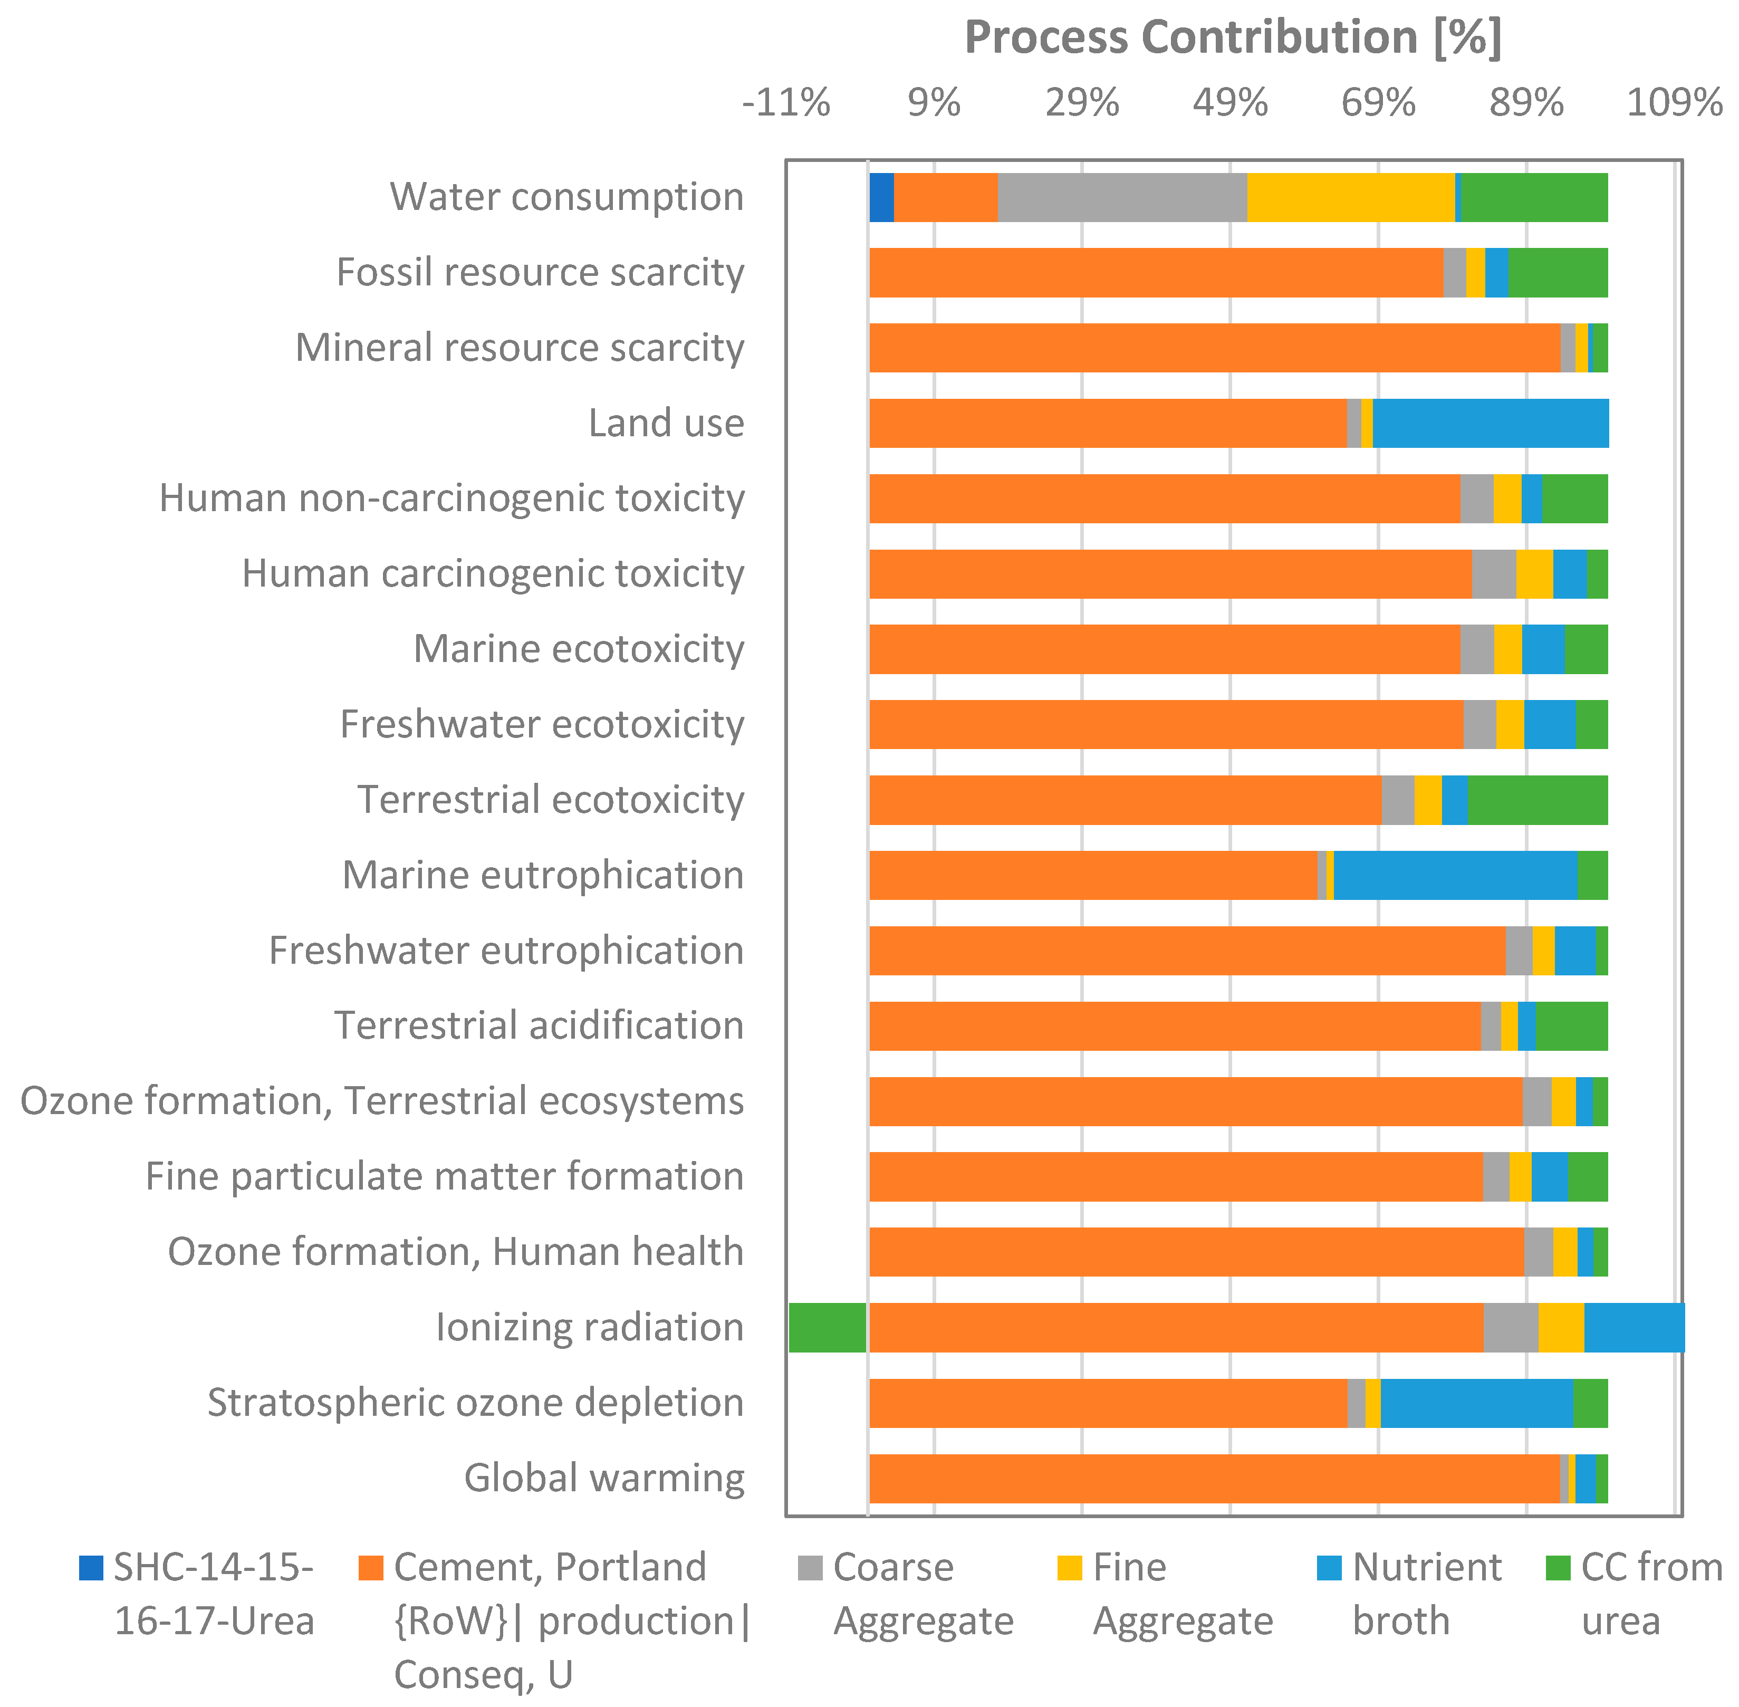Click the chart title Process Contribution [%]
point(1233,37)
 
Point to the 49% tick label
point(1230,103)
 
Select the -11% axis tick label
point(785,103)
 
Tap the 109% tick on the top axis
point(1674,103)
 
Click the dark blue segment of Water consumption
point(881,197)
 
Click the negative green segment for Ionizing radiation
point(827,1327)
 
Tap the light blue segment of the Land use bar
point(1490,423)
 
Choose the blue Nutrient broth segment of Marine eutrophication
point(1454,875)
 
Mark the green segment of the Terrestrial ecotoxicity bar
point(1538,800)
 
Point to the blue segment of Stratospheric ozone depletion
point(1476,1402)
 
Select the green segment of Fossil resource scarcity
point(1558,273)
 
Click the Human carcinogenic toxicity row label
point(493,574)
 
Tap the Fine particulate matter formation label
point(445,1176)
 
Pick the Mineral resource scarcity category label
point(520,348)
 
